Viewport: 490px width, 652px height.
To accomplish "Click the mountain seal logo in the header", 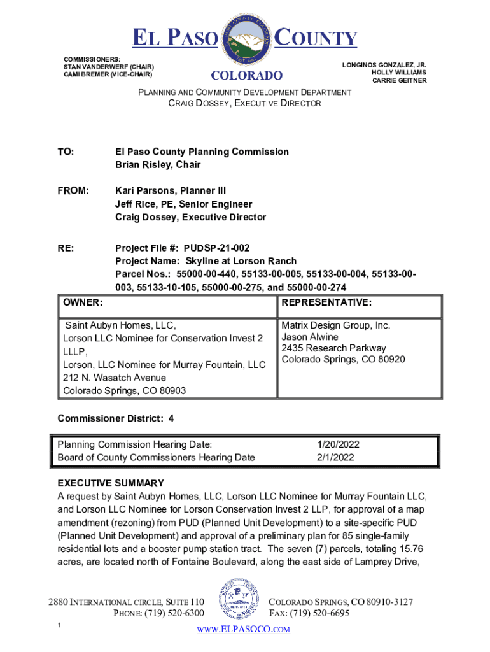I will (246, 39).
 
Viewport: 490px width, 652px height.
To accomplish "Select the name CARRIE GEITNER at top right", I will (399, 81).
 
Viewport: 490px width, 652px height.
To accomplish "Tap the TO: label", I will (66, 152).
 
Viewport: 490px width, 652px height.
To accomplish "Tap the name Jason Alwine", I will (310, 337).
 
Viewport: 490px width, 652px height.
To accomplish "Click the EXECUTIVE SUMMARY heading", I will (111, 483).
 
